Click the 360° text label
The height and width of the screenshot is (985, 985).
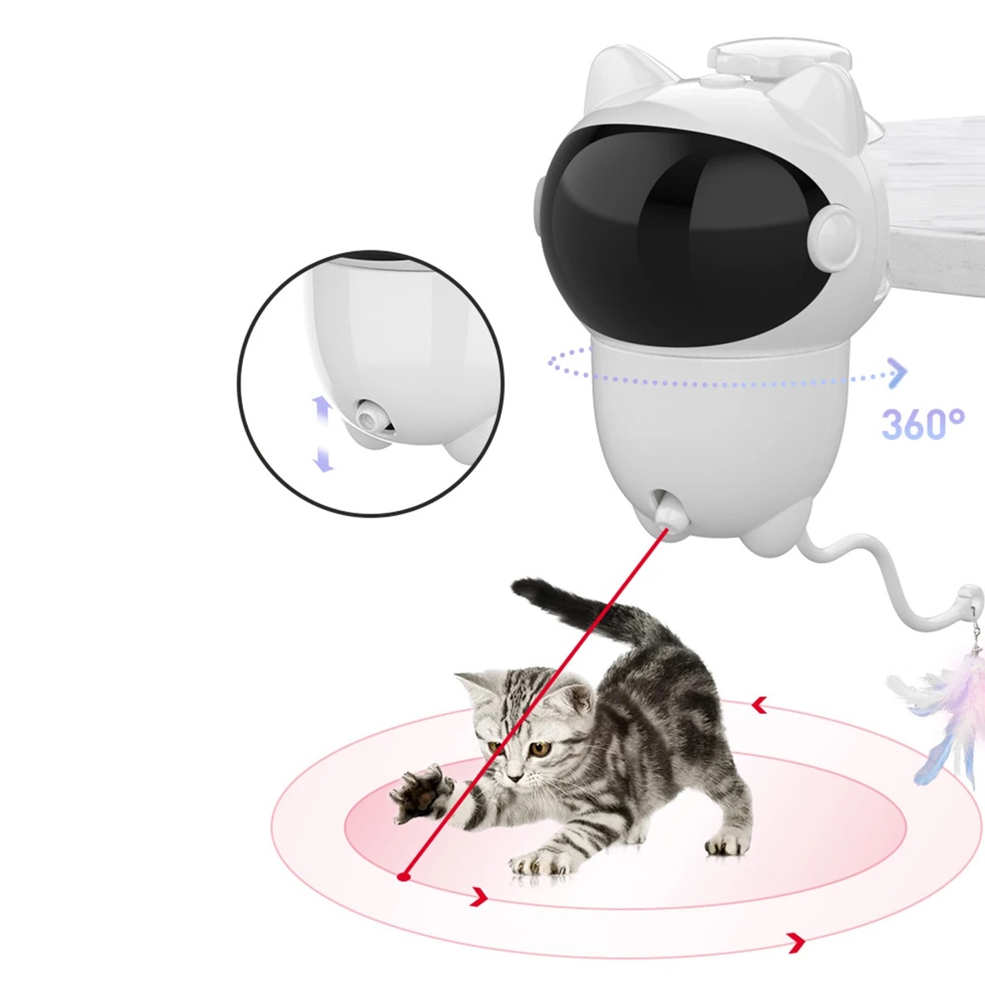[x=923, y=424]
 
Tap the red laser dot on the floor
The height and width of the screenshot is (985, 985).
[x=404, y=876]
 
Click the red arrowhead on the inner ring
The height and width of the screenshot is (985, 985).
[x=480, y=897]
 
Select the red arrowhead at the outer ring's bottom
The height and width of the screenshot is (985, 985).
[x=797, y=942]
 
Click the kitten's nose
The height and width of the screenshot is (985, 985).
[x=515, y=778]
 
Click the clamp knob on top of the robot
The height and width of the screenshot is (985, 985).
[x=780, y=56]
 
